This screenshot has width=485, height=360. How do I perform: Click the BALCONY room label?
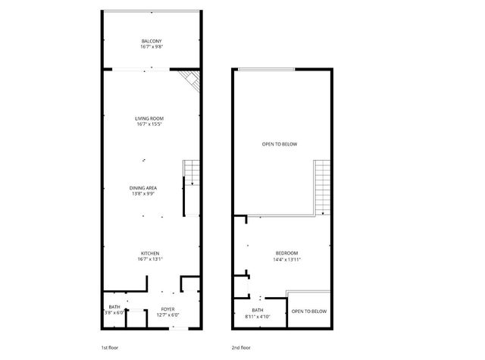coord(152,41)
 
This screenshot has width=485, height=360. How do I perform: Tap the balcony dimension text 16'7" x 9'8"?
coord(152,47)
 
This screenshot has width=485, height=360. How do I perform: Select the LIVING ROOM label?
coord(149,118)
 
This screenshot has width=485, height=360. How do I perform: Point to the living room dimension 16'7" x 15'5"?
coord(149,124)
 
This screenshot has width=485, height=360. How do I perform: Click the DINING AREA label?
coord(142,187)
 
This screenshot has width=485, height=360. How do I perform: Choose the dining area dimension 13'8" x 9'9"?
coord(142,193)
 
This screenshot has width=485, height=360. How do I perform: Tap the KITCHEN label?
coord(149,253)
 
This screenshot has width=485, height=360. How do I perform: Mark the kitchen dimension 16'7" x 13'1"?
coord(149,259)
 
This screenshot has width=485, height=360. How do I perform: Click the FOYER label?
coord(167,308)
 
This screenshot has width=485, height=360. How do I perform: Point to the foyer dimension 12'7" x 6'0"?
coord(167,315)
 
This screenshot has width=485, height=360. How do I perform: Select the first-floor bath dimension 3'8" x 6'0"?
coord(114,313)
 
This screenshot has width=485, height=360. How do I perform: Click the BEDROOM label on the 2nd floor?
coord(286,253)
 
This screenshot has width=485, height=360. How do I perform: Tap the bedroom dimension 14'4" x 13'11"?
coord(286,259)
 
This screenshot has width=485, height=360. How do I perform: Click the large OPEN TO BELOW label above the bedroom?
coord(280,144)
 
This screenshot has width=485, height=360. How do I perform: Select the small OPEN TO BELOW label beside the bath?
coord(309,311)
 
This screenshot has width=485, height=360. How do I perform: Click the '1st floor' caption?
coord(109,348)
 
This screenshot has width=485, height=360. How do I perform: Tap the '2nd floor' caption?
coord(240,348)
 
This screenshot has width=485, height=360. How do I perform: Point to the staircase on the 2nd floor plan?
coord(322,187)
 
